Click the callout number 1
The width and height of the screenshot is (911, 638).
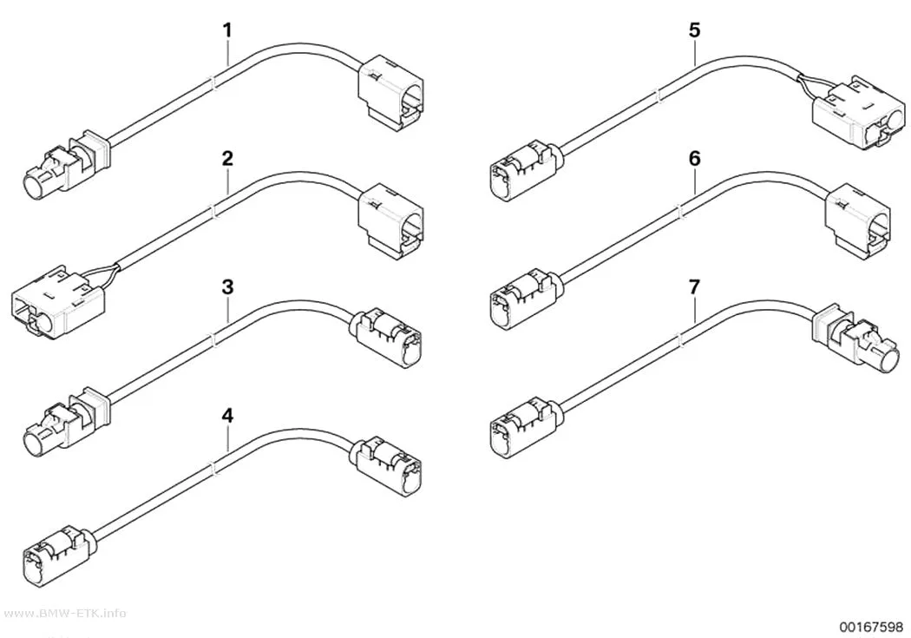(x=227, y=30)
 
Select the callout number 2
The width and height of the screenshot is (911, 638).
(x=227, y=159)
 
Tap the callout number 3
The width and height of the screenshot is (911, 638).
(x=227, y=287)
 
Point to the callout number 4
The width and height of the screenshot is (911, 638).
(x=227, y=416)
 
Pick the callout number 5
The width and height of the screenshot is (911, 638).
(x=695, y=30)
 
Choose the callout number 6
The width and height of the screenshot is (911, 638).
(x=695, y=159)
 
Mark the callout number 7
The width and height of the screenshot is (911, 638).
(x=695, y=287)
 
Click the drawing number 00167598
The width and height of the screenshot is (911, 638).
(x=871, y=626)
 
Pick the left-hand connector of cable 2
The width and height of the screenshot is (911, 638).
(x=58, y=299)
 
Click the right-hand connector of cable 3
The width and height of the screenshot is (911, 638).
(x=386, y=339)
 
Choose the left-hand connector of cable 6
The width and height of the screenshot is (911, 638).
(x=522, y=295)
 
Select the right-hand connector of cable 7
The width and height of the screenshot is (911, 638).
(x=858, y=337)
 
